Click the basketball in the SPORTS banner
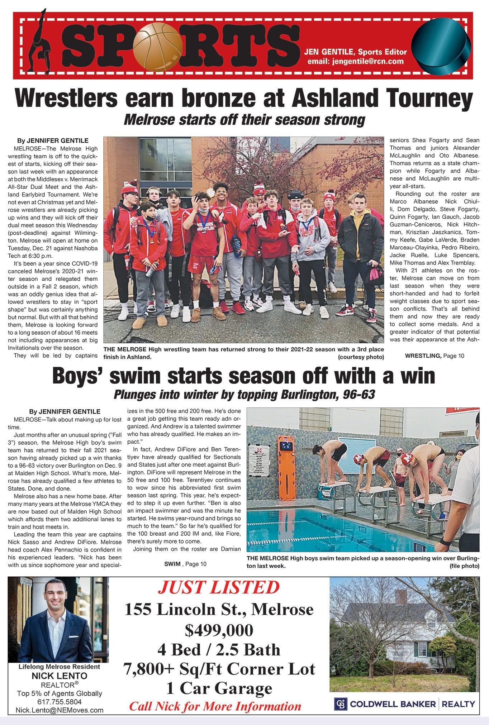tap(157, 47)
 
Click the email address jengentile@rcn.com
tap(355, 61)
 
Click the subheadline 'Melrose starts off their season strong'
tap(244, 120)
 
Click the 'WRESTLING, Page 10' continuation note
tap(434, 356)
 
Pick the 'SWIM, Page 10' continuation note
tap(185, 564)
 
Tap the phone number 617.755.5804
tap(59, 702)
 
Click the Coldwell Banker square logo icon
tap(341, 704)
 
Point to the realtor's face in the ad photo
tap(56, 597)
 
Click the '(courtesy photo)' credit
tap(361, 357)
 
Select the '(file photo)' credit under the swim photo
tap(464, 566)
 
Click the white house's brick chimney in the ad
tap(401, 596)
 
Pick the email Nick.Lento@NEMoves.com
tap(59, 710)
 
